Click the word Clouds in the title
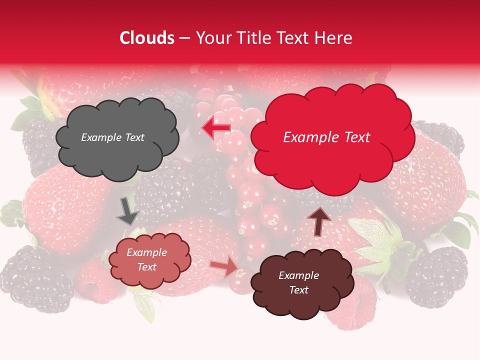point(147,38)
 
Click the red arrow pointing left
point(216,128)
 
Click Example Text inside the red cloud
point(326,137)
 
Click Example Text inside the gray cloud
point(113,137)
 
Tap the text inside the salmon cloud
point(146,260)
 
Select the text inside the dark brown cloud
point(298,283)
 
